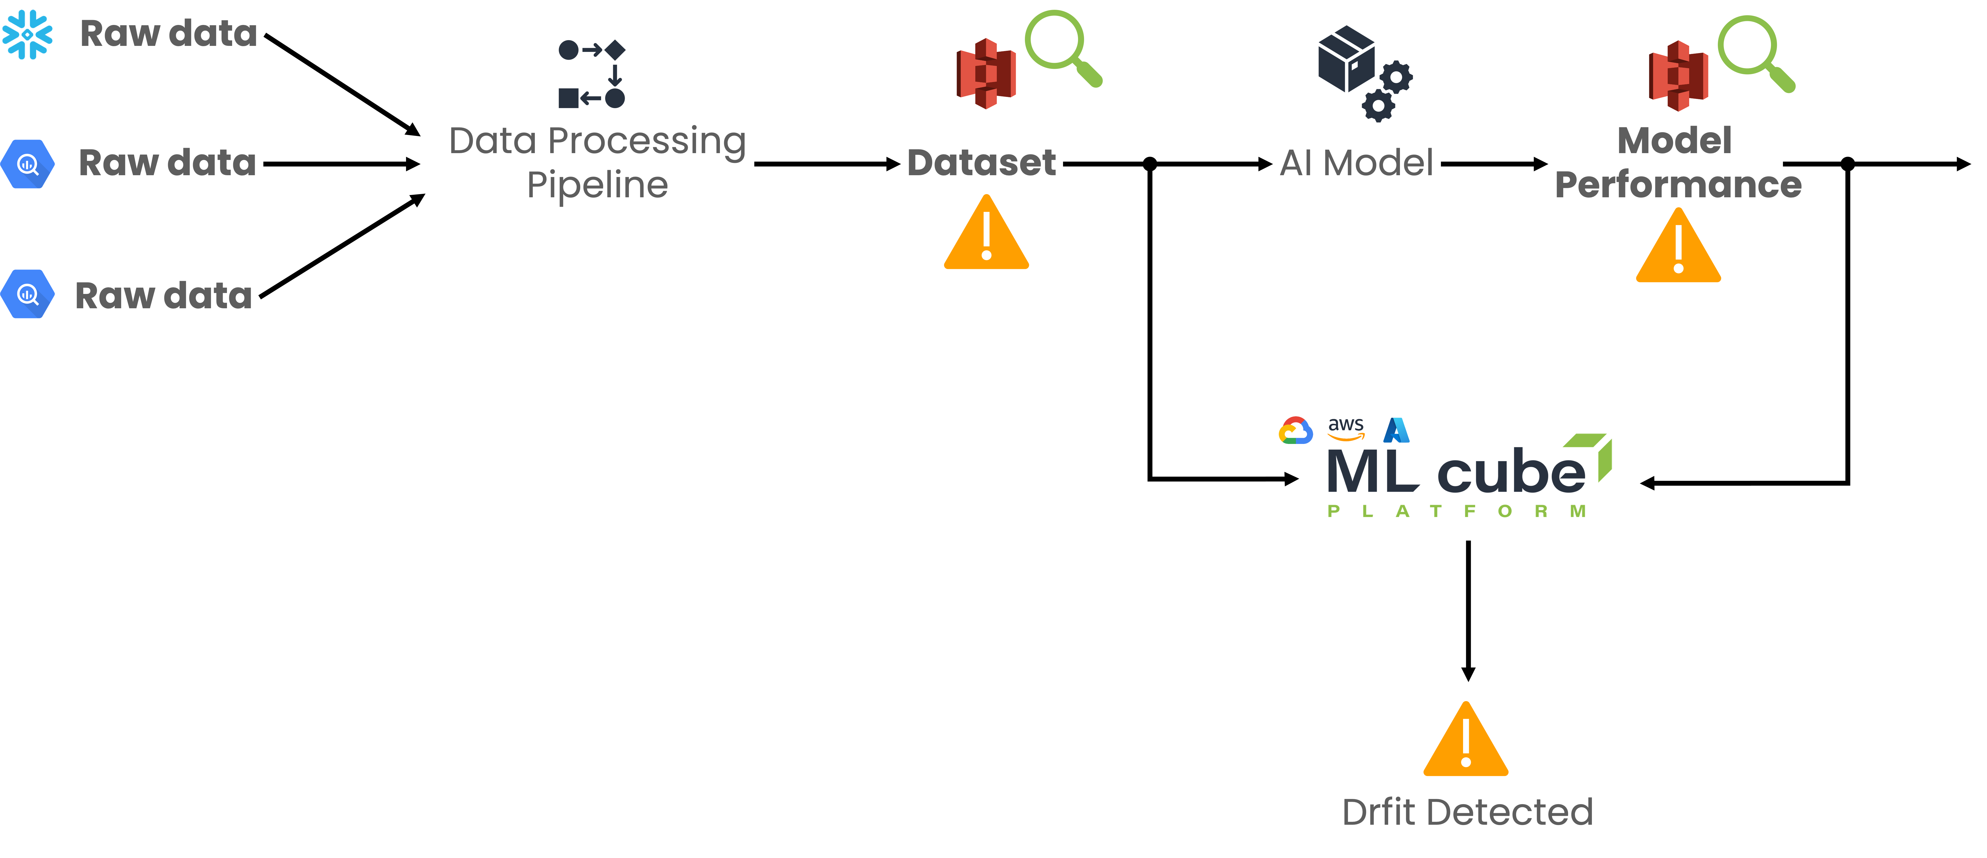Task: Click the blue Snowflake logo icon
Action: click(28, 34)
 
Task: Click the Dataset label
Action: click(981, 163)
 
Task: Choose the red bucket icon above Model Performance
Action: click(1679, 75)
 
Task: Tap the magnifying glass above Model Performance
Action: click(1755, 52)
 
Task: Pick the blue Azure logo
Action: click(1396, 429)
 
